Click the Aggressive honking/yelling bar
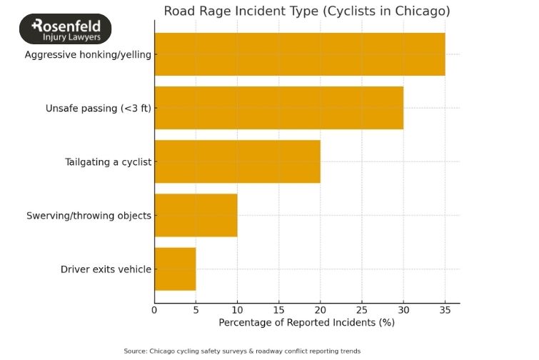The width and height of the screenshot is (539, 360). pyautogui.click(x=300, y=54)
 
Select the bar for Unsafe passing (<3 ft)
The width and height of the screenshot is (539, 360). pyautogui.click(x=278, y=108)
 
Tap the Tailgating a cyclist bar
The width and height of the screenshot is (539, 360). pyautogui.click(x=237, y=161)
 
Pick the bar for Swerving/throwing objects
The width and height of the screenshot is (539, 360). pyautogui.click(x=196, y=215)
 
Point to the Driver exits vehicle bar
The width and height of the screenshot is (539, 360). pyautogui.click(x=175, y=269)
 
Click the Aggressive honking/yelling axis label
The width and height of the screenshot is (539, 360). pyautogui.click(x=88, y=54)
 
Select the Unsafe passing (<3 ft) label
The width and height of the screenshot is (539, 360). pyautogui.click(x=99, y=108)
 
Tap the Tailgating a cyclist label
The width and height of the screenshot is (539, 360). pyautogui.click(x=109, y=161)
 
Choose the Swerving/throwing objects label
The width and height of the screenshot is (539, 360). pyautogui.click(x=89, y=215)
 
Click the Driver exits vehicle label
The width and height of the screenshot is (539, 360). pyautogui.click(x=106, y=269)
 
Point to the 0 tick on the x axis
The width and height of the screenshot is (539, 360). pyautogui.click(x=154, y=310)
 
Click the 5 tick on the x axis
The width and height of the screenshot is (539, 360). pyautogui.click(x=196, y=310)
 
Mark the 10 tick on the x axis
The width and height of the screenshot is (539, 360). pyautogui.click(x=237, y=310)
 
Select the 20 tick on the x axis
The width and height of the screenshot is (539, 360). pyautogui.click(x=320, y=310)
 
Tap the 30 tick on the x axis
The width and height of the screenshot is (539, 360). pyautogui.click(x=403, y=310)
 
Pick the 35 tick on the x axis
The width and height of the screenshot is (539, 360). pyautogui.click(x=445, y=310)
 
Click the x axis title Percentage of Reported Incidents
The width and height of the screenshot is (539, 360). pyautogui.click(x=306, y=322)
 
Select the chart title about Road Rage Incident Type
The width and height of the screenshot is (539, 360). pyautogui.click(x=307, y=11)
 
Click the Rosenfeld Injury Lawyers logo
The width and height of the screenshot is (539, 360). pyautogui.click(x=66, y=29)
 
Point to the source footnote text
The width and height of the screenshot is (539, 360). pyautogui.click(x=242, y=351)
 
